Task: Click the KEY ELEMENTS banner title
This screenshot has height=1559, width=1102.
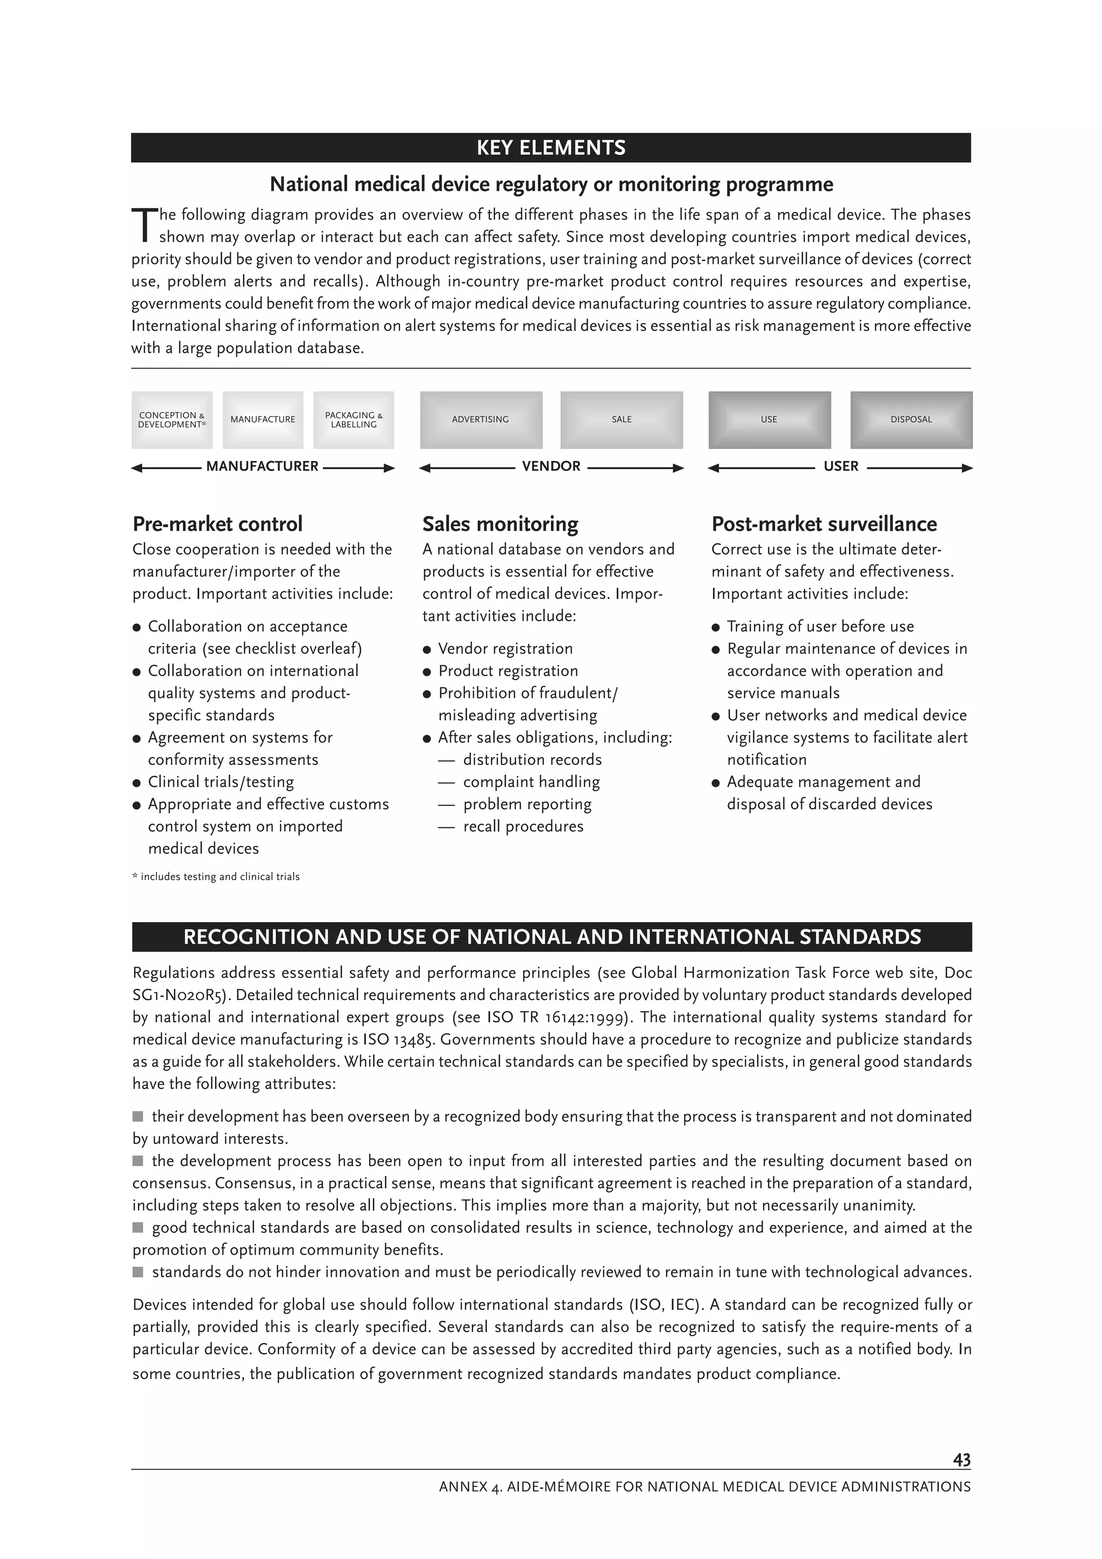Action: [x=550, y=148]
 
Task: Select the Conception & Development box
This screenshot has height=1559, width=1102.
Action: [x=172, y=420]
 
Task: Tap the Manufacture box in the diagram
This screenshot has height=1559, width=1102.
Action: [x=263, y=420]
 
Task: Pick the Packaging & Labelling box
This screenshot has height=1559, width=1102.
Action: [x=354, y=420]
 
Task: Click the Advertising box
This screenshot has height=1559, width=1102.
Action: [x=481, y=420]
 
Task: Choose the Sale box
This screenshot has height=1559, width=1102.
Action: [x=621, y=420]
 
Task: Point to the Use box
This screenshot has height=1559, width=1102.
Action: [x=769, y=420]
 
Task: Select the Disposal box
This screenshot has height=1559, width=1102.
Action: [x=911, y=420]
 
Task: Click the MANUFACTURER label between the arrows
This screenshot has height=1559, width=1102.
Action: [x=262, y=466]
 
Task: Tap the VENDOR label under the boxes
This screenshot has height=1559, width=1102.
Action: [x=550, y=466]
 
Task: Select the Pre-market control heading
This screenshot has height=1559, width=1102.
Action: [x=217, y=524]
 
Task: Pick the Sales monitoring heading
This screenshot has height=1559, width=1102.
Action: [x=500, y=524]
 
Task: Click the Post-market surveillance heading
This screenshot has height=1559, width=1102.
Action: [x=824, y=524]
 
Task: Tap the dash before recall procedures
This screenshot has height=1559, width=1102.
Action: [x=446, y=827]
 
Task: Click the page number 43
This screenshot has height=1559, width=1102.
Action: [x=962, y=1460]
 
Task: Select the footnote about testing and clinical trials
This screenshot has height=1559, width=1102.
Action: [x=216, y=876]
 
